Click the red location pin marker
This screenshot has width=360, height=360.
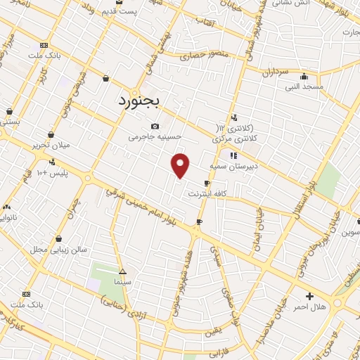pos(181,165)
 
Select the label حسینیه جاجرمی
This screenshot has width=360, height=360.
pos(155,138)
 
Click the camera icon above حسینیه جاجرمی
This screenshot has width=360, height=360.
pos(155,126)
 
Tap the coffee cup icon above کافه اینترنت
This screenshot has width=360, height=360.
pos(207,183)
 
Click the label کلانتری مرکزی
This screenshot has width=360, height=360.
pos(236,139)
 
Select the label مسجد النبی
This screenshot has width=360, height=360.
pos(303,86)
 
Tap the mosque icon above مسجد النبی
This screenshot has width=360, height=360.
pos(303,76)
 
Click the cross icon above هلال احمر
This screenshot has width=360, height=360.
pos(309,296)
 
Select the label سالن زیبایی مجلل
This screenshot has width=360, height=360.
pos(58,250)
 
